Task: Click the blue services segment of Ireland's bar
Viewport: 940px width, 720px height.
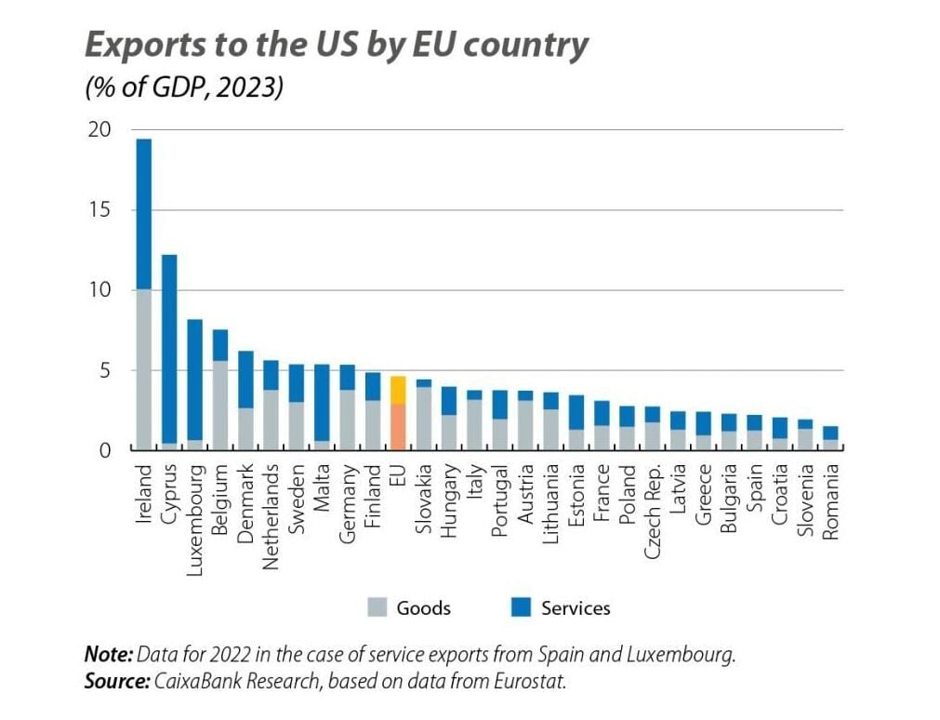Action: coord(143,214)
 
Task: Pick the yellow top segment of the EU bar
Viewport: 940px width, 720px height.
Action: coord(397,390)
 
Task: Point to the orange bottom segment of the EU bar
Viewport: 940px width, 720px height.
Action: coord(397,427)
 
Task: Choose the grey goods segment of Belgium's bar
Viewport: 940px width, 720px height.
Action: coord(219,405)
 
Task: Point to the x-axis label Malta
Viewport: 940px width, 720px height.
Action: coord(321,484)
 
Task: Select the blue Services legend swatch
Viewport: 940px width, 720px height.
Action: coord(521,608)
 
